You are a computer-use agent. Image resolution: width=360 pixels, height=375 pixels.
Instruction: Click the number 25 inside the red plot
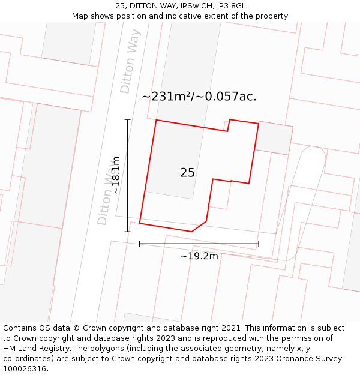187,173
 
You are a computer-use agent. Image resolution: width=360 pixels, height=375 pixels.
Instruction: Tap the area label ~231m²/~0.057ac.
199,97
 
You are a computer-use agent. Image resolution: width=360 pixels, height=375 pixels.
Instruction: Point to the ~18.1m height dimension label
115,175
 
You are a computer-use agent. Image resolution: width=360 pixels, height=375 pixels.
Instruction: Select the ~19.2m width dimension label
199,256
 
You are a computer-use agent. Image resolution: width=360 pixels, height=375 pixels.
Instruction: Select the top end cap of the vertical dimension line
127,120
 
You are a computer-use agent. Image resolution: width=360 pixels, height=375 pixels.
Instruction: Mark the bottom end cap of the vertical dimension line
127,231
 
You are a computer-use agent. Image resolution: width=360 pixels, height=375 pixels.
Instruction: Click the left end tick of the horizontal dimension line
140,244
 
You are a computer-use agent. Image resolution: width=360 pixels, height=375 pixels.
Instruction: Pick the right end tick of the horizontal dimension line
259,244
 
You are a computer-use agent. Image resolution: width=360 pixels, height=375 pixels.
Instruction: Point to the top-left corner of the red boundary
157,120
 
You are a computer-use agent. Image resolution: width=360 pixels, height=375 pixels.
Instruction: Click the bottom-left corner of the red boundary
140,224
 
